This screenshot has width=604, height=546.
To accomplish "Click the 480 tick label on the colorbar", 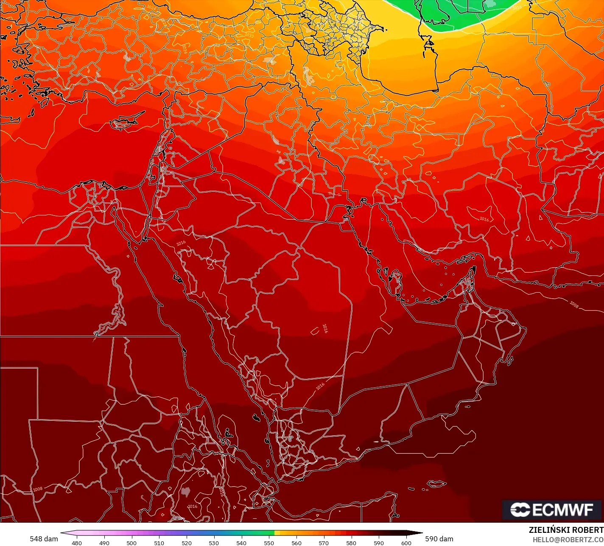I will click(x=77, y=543).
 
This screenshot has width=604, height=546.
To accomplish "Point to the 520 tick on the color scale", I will click(x=187, y=543).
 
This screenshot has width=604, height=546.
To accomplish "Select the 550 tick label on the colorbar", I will click(x=269, y=543).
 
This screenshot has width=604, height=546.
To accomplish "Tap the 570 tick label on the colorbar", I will click(x=324, y=543).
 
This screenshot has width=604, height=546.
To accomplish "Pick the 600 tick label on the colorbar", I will click(x=406, y=543).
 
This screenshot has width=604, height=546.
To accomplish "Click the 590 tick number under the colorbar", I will click(x=379, y=543).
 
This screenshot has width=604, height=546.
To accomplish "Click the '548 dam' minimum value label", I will click(x=44, y=539).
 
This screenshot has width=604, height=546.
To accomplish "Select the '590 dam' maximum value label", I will click(x=439, y=539).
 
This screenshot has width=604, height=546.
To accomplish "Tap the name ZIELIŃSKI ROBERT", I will click(x=566, y=530).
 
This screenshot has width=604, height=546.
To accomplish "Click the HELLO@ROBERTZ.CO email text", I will click(x=568, y=539).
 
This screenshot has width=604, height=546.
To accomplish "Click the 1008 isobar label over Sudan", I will click(x=38, y=489).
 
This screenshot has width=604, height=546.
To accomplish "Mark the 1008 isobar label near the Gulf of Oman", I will click(x=574, y=304).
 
